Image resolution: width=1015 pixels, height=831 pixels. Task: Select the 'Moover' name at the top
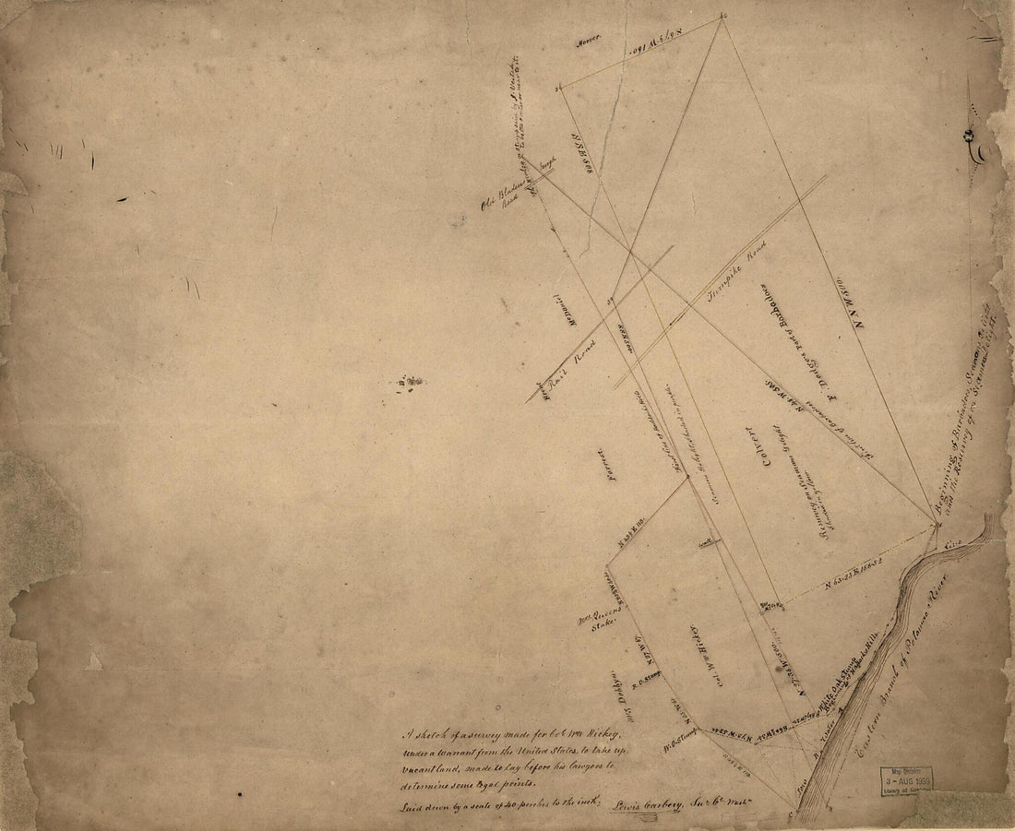(x=589, y=38)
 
